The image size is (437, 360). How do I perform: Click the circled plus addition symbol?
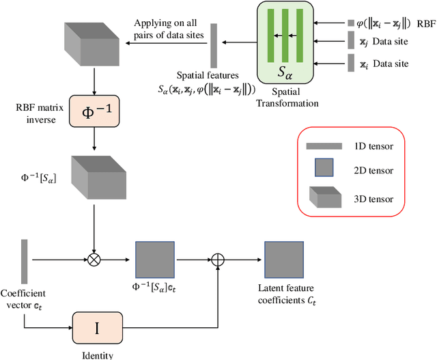click(218, 260)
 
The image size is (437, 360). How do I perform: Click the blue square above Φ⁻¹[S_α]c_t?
click(155, 260)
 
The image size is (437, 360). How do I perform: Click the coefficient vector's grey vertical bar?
click(25, 261)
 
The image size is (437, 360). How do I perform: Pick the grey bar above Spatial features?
click(214, 46)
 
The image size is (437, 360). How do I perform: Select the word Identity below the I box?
click(96, 355)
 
